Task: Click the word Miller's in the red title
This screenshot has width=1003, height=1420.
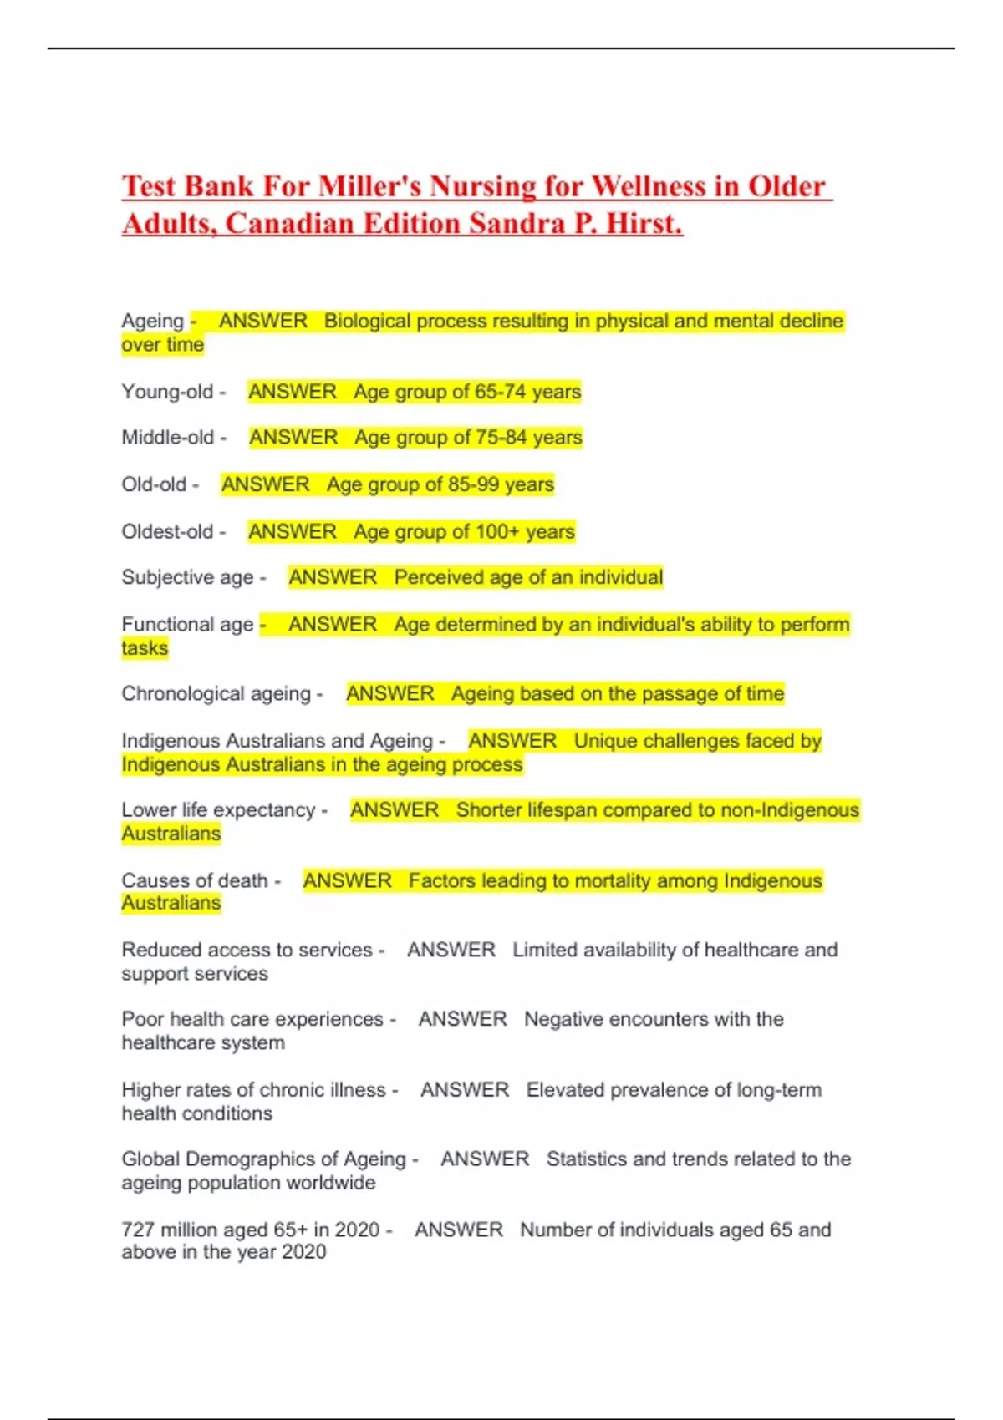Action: [x=364, y=185]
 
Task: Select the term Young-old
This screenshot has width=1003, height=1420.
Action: [x=167, y=391]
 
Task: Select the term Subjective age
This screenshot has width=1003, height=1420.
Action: [x=187, y=577]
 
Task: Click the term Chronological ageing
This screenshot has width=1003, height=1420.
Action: [x=216, y=693]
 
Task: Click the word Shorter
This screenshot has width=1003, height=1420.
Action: [x=489, y=809]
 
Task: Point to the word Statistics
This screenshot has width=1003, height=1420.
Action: [x=586, y=1159]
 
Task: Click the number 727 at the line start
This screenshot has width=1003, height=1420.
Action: [x=138, y=1230]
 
